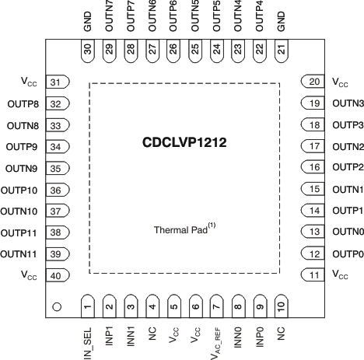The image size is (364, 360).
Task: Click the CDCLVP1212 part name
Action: (184, 144)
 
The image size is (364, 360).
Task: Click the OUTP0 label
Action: (347, 275)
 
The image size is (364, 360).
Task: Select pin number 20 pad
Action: (312, 82)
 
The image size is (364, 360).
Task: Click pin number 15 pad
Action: (312, 189)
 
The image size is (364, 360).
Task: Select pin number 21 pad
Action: (281, 49)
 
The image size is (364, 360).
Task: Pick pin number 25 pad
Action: (195, 49)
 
